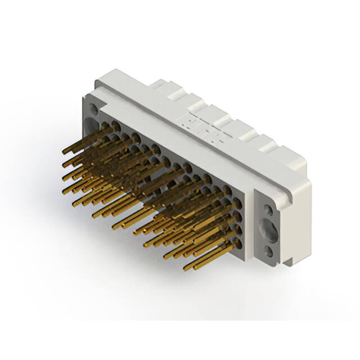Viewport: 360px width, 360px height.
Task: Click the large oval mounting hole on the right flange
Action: [268, 230]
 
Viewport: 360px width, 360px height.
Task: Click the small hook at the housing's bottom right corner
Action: [286, 260]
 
